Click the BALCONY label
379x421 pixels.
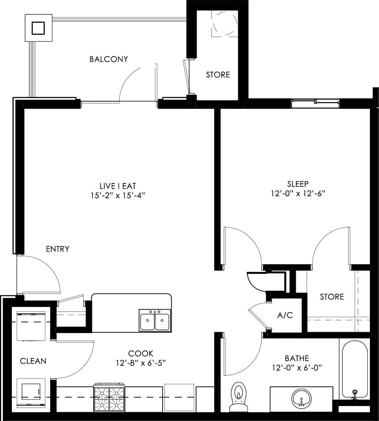[x=108, y=59]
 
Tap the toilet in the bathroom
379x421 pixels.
[x=238, y=396]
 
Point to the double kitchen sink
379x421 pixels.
[x=155, y=321]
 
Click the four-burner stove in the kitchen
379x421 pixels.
[x=110, y=399]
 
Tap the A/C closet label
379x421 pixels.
[x=285, y=315]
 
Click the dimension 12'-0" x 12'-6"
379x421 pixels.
[x=298, y=193]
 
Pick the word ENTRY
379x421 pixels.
[x=58, y=249]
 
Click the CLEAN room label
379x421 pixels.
[x=33, y=361]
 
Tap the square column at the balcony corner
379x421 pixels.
[x=38, y=28]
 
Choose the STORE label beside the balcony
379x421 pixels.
[x=218, y=75]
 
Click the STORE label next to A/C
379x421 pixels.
[x=332, y=296]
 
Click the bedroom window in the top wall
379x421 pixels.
[x=315, y=102]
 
